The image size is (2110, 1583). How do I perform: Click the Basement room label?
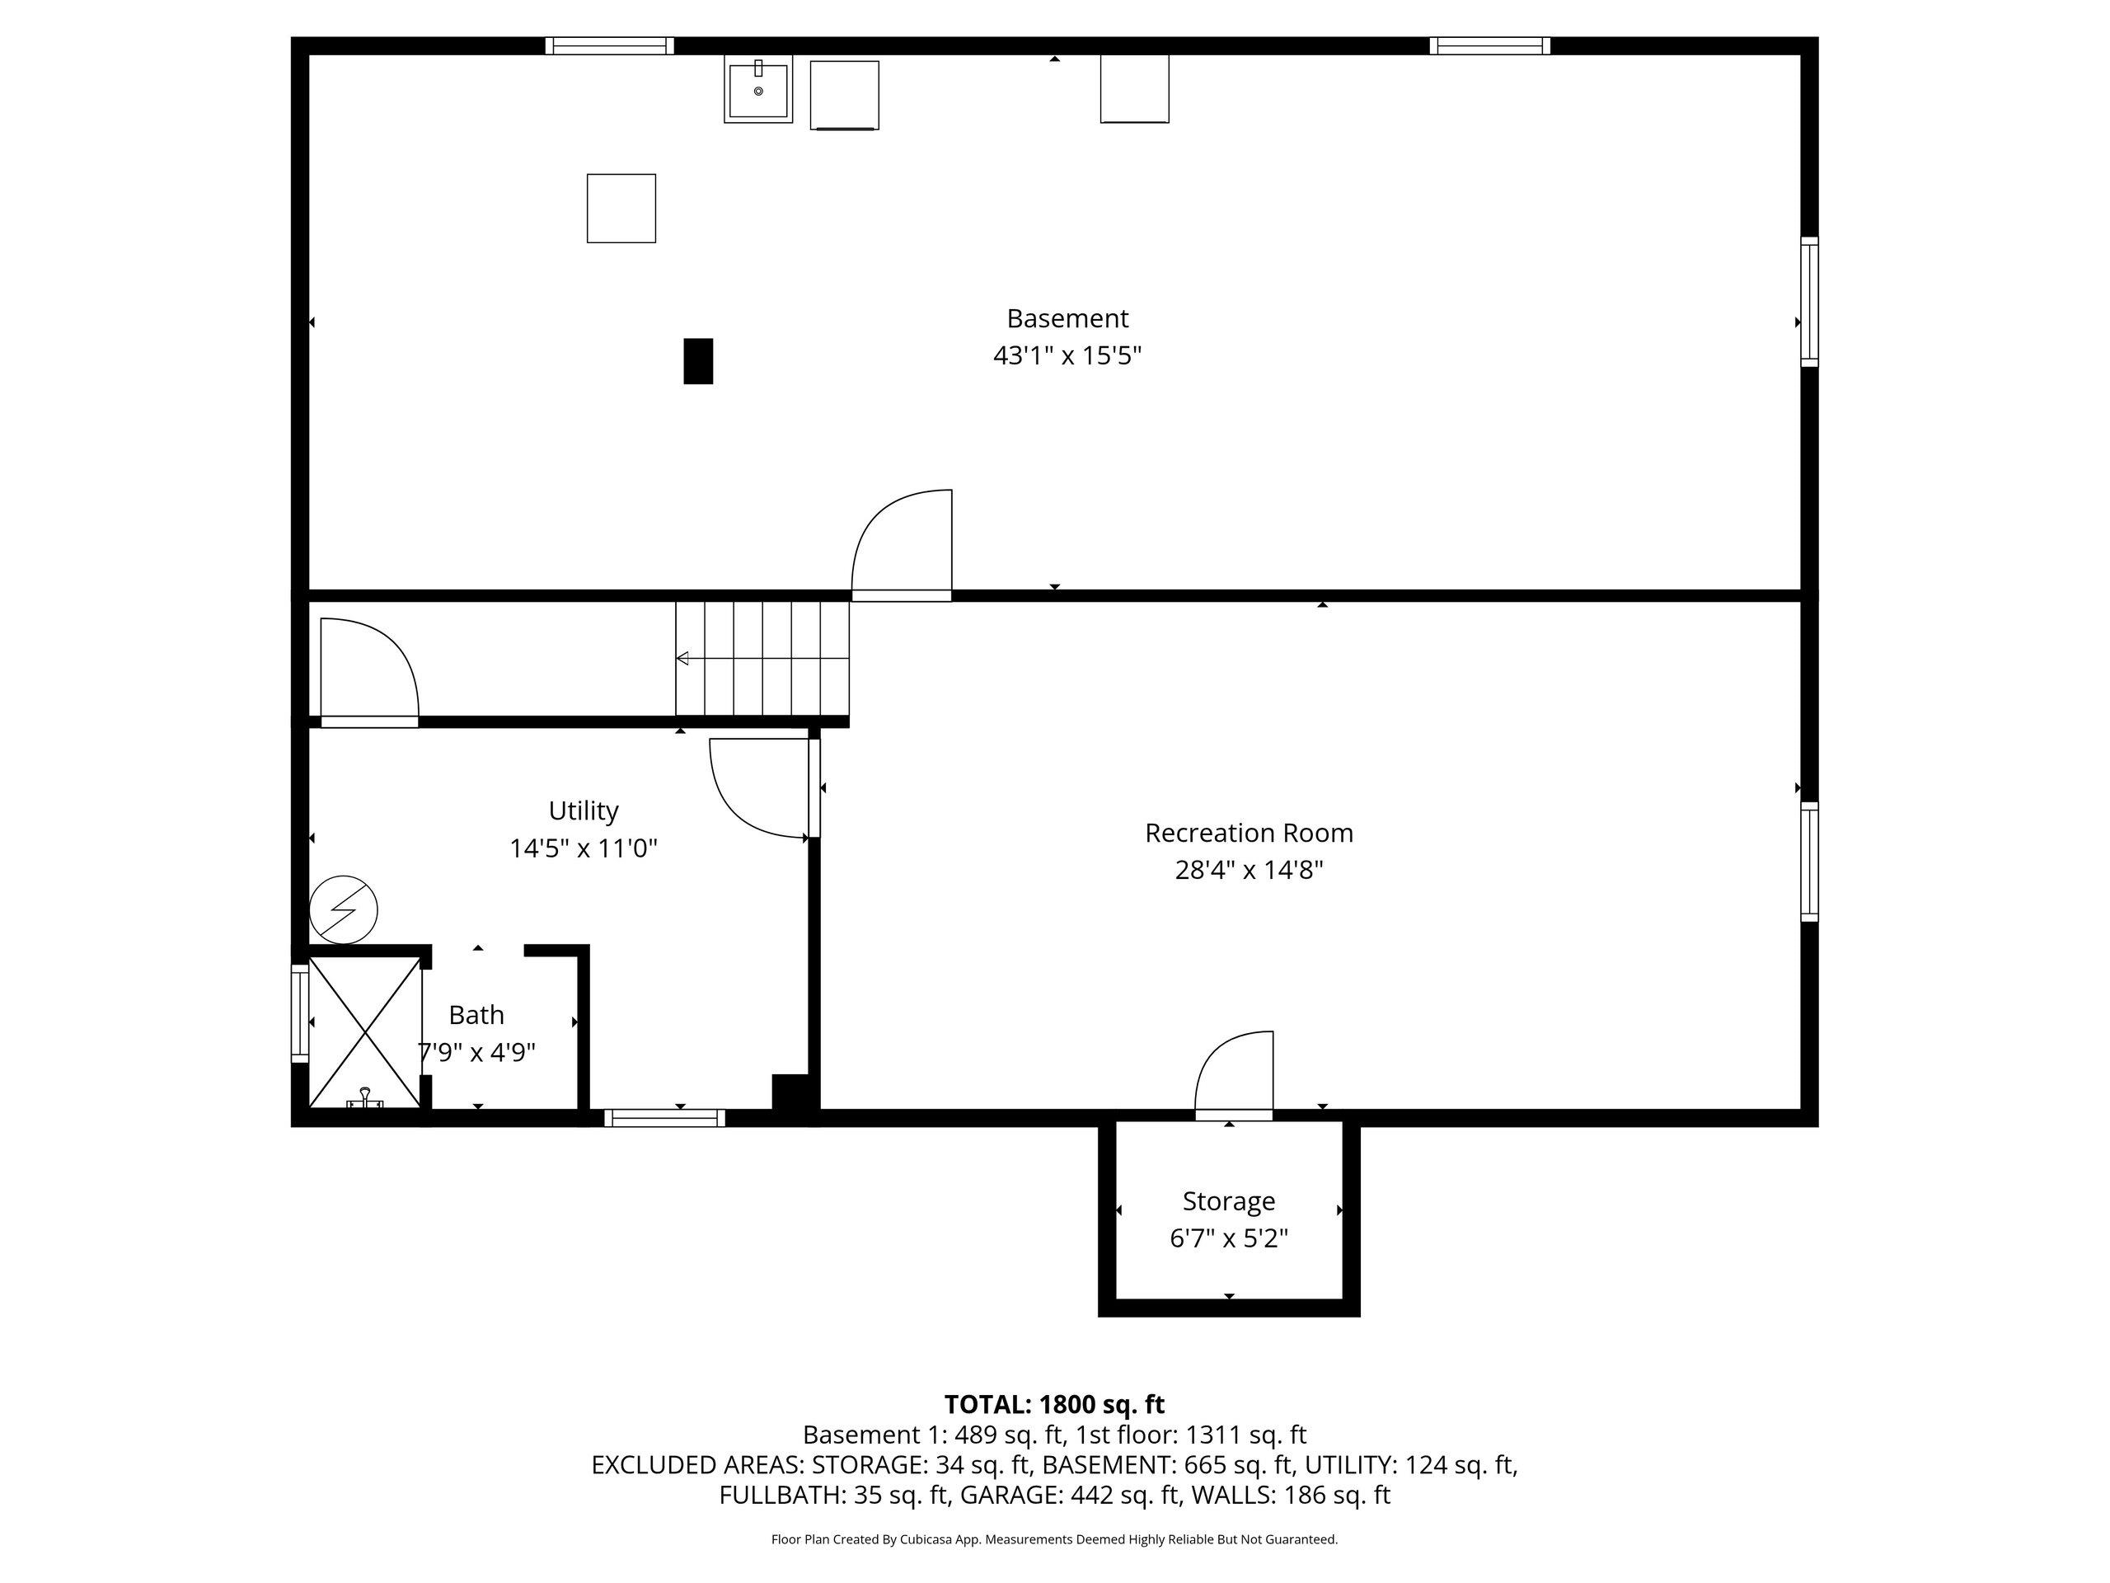pyautogui.click(x=1067, y=317)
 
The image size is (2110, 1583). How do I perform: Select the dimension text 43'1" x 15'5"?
pyautogui.click(x=1067, y=356)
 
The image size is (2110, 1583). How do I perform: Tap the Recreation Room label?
pyautogui.click(x=1248, y=833)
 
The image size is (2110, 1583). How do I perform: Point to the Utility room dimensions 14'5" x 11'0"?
pyautogui.click(x=583, y=848)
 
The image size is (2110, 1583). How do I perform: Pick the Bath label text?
pyautogui.click(x=476, y=1014)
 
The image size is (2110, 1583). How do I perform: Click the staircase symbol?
pyautogui.click(x=762, y=659)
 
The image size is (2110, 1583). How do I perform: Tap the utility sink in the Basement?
pyautogui.click(x=757, y=91)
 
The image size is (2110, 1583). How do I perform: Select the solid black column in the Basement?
pyautogui.click(x=697, y=360)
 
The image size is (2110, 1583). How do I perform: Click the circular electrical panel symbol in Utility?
pyautogui.click(x=344, y=909)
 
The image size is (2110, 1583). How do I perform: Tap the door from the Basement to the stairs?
pyautogui.click(x=902, y=544)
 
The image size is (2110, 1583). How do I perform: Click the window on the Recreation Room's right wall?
pyautogui.click(x=1808, y=862)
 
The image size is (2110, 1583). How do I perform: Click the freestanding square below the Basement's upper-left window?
pyautogui.click(x=621, y=208)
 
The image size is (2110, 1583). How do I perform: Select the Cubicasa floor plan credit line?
pyautogui.click(x=1053, y=1539)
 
